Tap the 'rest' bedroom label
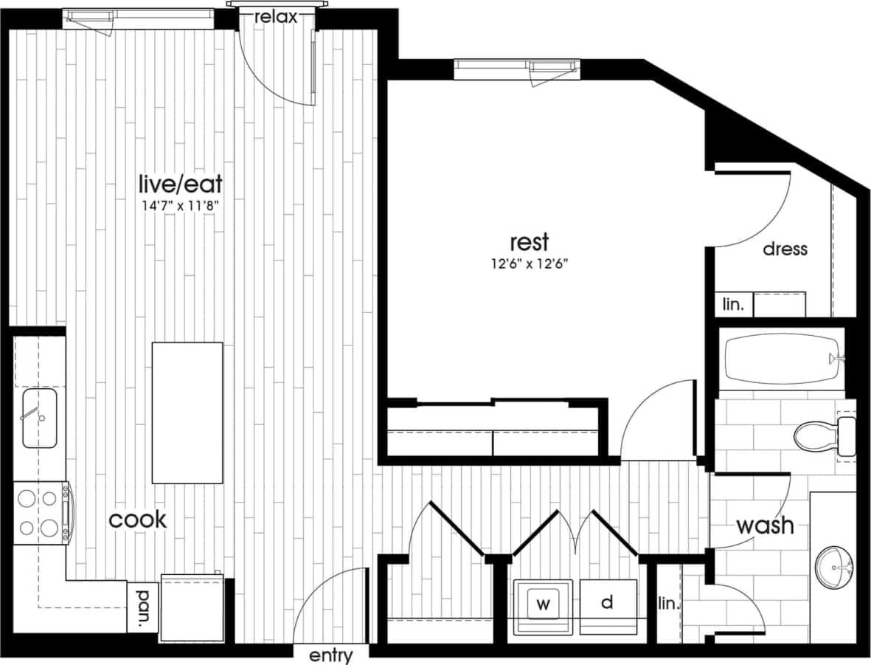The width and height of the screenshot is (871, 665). (x=530, y=242)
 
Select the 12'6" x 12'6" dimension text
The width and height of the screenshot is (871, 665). (x=530, y=263)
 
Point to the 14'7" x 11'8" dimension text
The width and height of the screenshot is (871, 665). (x=181, y=207)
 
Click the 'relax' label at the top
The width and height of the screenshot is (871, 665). (x=276, y=17)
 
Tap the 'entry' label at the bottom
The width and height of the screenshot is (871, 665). (x=331, y=655)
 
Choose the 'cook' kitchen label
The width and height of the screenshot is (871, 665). (x=138, y=519)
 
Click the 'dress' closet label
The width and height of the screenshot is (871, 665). (x=785, y=249)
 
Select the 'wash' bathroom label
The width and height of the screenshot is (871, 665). (x=766, y=526)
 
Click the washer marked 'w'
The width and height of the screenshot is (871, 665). (x=544, y=604)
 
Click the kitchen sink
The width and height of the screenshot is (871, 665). (x=40, y=418)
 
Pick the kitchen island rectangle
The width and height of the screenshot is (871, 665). (x=187, y=411)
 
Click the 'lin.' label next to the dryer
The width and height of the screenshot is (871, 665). (x=667, y=604)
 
